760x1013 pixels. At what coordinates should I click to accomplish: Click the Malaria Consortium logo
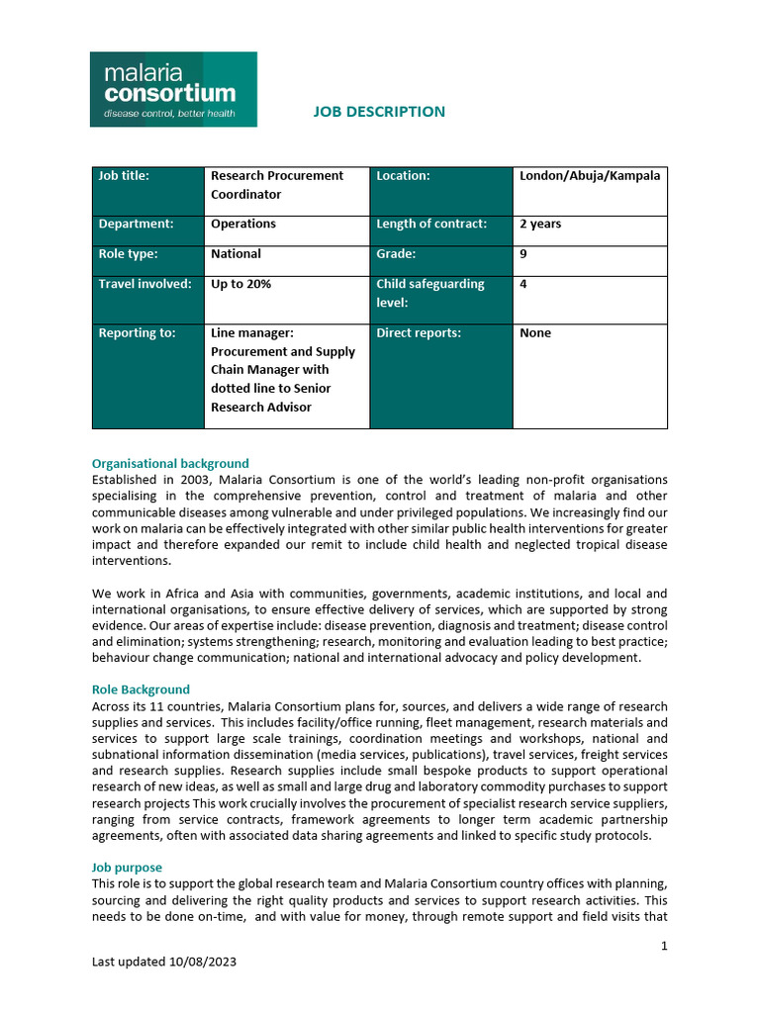(173, 89)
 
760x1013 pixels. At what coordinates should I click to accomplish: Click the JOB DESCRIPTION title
(379, 112)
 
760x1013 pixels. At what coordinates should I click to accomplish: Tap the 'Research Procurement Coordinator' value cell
(277, 185)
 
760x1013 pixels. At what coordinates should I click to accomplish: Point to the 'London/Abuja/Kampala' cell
(590, 176)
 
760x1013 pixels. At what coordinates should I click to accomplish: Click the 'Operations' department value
(243, 225)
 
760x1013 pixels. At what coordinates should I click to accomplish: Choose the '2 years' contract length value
(540, 225)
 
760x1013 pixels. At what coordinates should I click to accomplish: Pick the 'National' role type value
(237, 254)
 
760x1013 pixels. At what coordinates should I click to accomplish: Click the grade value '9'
(523, 254)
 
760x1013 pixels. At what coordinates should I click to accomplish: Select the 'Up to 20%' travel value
(240, 284)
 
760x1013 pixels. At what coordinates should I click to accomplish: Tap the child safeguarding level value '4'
(523, 284)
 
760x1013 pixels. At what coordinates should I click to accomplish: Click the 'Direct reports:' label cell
(419, 333)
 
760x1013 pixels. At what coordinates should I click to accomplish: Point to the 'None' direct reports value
(535, 333)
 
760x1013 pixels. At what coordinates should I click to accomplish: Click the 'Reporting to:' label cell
(137, 333)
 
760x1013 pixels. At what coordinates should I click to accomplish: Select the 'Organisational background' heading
(170, 463)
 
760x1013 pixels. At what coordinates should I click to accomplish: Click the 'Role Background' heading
(141, 690)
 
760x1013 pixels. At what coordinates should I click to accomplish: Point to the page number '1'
(664, 946)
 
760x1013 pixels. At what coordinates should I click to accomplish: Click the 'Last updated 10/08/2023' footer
(164, 962)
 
